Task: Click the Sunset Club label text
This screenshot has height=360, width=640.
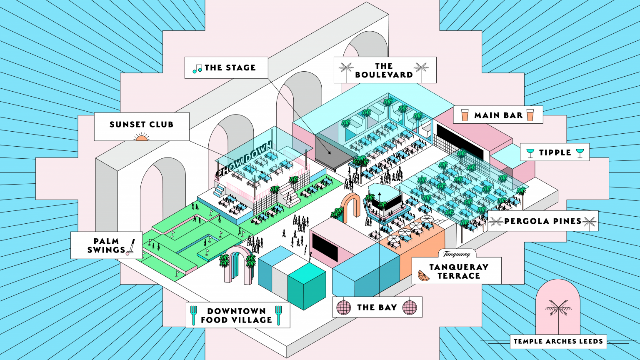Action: pyautogui.click(x=141, y=124)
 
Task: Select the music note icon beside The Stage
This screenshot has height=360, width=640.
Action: pyautogui.click(x=197, y=69)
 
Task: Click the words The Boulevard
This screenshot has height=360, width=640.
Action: pyautogui.click(x=384, y=70)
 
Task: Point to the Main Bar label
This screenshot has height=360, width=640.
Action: pyautogui.click(x=499, y=115)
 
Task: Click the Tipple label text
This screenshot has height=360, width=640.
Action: pyautogui.click(x=555, y=152)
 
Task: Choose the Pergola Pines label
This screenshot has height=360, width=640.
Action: pyautogui.click(x=543, y=221)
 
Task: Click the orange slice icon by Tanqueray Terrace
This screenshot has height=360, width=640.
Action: pyautogui.click(x=424, y=275)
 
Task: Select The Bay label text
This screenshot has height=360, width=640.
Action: pyautogui.click(x=377, y=307)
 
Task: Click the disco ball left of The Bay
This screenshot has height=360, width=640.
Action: pyautogui.click(x=344, y=307)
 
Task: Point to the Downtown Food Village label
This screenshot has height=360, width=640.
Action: pyautogui.click(x=237, y=315)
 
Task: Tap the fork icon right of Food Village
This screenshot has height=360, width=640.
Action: pyautogui.click(x=278, y=315)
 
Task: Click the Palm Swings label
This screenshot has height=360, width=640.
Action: pyautogui.click(x=106, y=245)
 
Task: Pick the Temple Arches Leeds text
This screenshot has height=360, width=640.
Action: pyautogui.click(x=558, y=341)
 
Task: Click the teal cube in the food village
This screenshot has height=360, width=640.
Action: pyautogui.click(x=307, y=286)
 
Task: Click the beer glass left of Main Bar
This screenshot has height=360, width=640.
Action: pyautogui.click(x=465, y=115)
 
